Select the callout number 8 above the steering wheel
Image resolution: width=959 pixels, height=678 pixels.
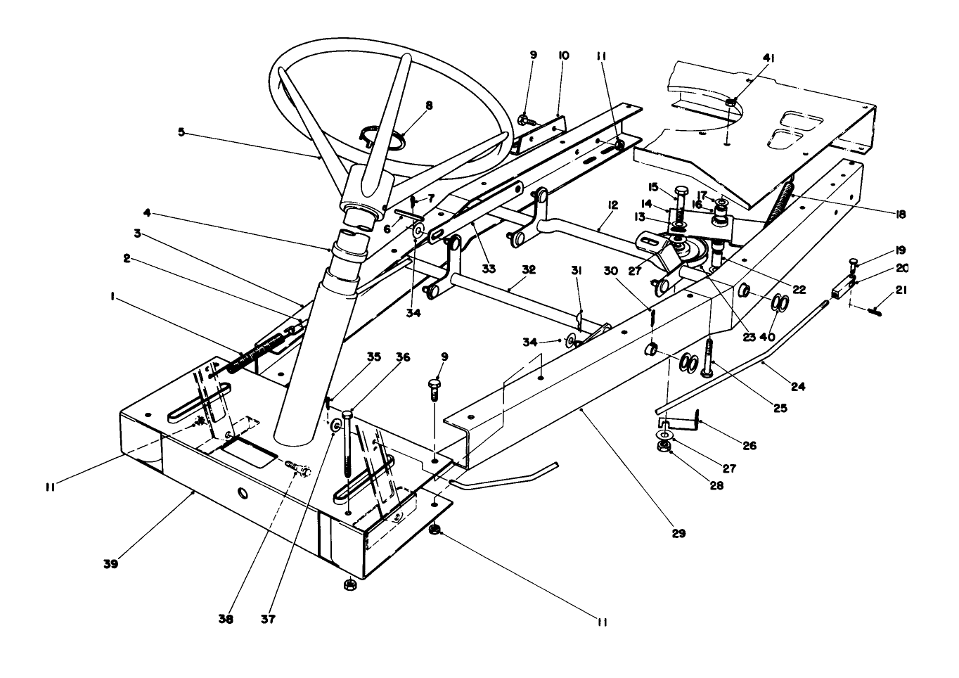click(429, 105)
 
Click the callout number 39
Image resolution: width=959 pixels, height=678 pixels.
click(111, 563)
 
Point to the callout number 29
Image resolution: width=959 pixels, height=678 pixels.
click(678, 533)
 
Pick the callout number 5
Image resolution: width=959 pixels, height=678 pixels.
click(181, 132)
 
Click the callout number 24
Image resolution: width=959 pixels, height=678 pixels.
click(797, 386)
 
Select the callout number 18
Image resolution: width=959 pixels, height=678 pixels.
click(900, 215)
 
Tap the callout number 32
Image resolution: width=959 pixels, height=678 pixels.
click(529, 269)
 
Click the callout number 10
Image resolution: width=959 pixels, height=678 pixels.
click(563, 55)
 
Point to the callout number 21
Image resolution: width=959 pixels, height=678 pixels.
click(900, 290)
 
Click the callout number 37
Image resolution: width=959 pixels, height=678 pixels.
click(268, 620)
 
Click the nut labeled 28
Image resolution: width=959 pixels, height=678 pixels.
click(662, 448)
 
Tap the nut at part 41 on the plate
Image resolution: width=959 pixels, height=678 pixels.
click(731, 103)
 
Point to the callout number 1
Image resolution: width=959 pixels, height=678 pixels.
click(113, 298)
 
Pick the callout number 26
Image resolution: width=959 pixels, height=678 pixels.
click(749, 445)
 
